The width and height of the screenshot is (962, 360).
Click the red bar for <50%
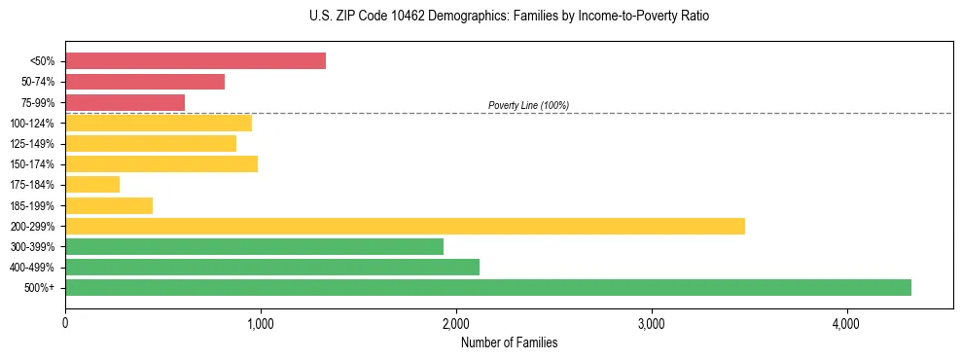(x=195, y=61)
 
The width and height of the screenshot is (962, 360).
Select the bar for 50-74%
(x=145, y=82)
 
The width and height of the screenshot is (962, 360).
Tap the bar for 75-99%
(x=125, y=102)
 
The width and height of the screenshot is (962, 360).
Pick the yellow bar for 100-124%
(x=159, y=123)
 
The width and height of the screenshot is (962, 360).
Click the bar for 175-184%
(x=92, y=184)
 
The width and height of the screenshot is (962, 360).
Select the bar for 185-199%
(x=109, y=205)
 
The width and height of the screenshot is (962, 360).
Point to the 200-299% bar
(x=405, y=226)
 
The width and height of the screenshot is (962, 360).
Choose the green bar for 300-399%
(x=254, y=246)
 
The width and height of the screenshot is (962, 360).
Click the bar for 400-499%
(x=272, y=267)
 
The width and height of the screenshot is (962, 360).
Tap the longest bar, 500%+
(x=488, y=287)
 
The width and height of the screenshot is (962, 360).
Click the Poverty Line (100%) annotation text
(x=528, y=105)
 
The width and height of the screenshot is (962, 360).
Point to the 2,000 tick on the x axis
(x=455, y=323)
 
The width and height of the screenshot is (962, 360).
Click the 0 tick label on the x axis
(x=65, y=323)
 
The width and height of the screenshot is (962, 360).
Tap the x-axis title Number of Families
(x=509, y=342)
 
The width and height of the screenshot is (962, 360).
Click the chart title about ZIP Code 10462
(x=509, y=17)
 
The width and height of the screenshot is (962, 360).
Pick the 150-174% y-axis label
(x=32, y=164)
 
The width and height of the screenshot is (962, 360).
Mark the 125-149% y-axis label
(x=32, y=144)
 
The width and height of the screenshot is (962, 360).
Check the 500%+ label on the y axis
(x=40, y=288)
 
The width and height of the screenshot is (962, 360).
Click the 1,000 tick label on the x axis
(x=260, y=323)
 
